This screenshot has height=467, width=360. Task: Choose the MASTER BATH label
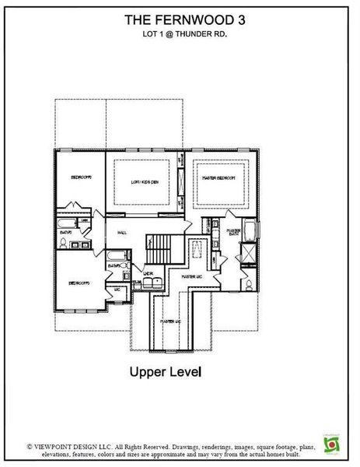tap(232, 231)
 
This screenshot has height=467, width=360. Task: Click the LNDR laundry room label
tap(148, 273)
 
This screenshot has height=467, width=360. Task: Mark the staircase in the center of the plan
tap(164, 248)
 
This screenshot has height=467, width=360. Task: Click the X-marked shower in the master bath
tap(249, 254)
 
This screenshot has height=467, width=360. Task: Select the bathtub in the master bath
tap(250, 231)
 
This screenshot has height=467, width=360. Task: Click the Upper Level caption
tap(165, 372)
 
